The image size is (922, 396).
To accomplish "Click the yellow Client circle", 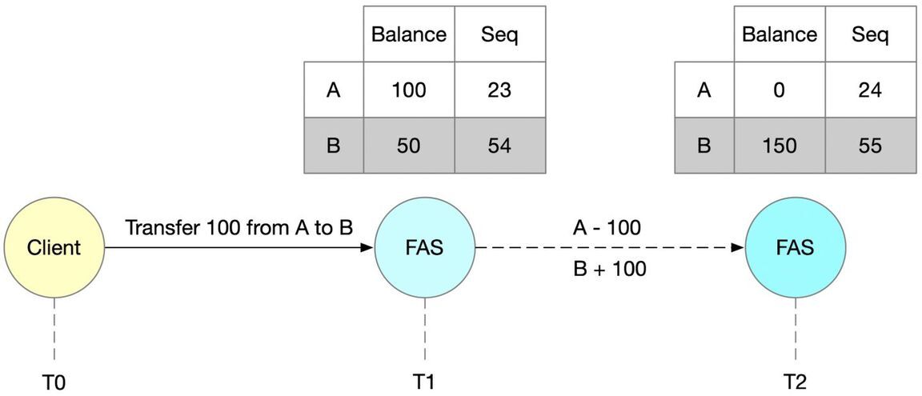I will coord(54,248).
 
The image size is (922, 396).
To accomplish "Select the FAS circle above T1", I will coord(425,248).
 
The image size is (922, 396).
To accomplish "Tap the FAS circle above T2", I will coord(795,248).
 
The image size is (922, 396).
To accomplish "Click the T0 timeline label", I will coord(54,382).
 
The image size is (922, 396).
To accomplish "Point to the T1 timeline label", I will coord(424,382).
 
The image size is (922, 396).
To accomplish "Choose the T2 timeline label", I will coord(795,382).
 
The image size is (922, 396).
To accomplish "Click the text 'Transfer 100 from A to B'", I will coord(239,228).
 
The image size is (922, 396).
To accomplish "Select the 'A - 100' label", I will coord(607,228).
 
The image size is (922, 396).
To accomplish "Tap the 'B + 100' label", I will coord(609,270).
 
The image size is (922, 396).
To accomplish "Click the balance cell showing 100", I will coord(409,90).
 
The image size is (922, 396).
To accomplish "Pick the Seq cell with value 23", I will coord(499,90).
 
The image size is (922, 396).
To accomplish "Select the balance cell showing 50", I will coord(409,146).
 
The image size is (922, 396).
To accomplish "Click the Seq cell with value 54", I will coord(499,146).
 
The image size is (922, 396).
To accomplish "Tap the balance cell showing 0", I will coord(779,90).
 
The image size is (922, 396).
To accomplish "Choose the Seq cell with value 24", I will coord(870,90).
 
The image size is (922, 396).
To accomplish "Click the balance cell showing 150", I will coord(779,146).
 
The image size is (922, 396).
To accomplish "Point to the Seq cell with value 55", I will coord(870,146).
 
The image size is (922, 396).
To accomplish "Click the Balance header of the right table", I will coord(779,34).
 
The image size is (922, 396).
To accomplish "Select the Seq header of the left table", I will coord(499,34).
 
